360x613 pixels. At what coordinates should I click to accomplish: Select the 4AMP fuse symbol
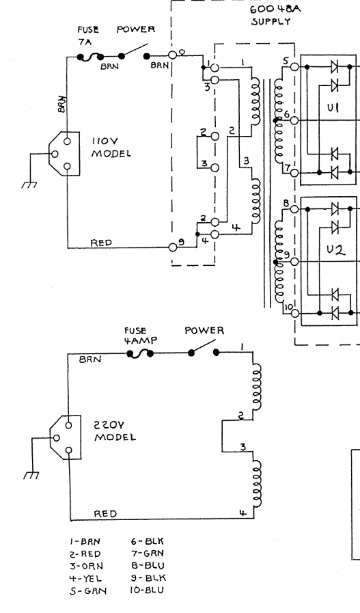[139, 354]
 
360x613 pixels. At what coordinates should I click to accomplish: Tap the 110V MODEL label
[111, 147]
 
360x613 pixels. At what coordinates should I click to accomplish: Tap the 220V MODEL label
[115, 431]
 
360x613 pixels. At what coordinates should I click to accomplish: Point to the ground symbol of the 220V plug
[31, 475]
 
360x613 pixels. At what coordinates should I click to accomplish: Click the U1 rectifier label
[333, 107]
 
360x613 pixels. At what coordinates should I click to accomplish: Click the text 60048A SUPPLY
[275, 15]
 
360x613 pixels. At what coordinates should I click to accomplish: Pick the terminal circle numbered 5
[294, 67]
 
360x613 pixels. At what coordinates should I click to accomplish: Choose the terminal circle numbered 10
[295, 313]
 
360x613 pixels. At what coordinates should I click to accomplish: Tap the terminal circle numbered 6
[294, 120]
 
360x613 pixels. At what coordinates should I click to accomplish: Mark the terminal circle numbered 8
[295, 209]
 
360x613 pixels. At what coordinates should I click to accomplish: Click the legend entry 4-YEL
[85, 578]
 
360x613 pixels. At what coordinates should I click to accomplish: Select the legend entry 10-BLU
[147, 590]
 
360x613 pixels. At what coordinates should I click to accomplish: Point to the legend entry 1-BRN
[85, 542]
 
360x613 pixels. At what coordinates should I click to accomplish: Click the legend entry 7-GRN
[148, 553]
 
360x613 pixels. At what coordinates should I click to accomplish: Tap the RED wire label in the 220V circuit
[105, 514]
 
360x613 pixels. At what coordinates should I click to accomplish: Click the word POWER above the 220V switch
[204, 331]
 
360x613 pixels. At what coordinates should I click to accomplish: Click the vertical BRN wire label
[61, 104]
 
